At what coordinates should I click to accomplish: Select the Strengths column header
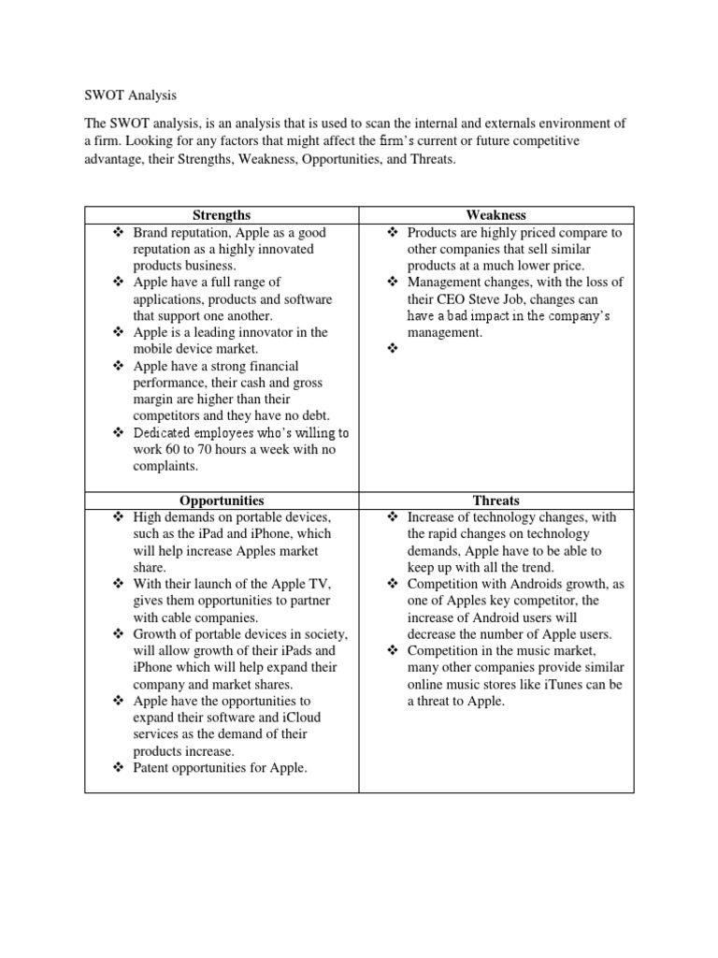coord(223,215)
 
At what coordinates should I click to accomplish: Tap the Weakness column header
coord(497,215)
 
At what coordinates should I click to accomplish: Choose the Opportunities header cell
coord(223,501)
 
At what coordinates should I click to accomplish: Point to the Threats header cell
coord(497,501)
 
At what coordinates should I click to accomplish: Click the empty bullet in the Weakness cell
coord(392,349)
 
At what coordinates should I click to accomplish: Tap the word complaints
coord(165,466)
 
